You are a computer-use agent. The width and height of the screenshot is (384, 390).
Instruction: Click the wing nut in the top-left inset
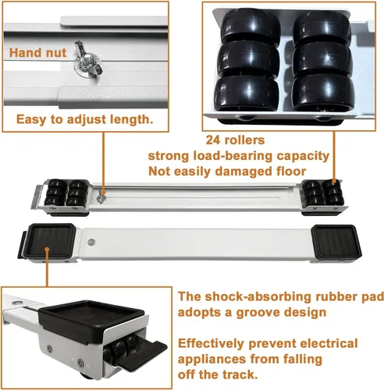pyautogui.click(x=87, y=62)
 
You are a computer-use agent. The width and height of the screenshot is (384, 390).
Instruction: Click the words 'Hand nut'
pyautogui.click(x=38, y=53)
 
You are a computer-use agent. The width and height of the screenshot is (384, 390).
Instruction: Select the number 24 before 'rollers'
pyautogui.click(x=213, y=140)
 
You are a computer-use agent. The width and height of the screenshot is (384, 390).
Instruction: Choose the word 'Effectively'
pyautogui.click(x=212, y=343)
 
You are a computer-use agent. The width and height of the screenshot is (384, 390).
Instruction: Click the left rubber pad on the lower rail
pyautogui.click(x=48, y=240)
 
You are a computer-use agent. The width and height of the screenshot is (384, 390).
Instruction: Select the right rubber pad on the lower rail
pyautogui.click(x=336, y=241)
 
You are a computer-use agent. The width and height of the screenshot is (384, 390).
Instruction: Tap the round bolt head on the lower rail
pyautogui.click(x=91, y=242)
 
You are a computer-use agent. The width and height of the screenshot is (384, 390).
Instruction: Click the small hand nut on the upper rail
pyautogui.click(x=101, y=197)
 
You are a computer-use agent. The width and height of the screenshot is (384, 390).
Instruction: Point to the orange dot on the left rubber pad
pyautogui.click(x=47, y=250)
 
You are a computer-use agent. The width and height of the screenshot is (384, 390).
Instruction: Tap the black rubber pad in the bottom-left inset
pyautogui.click(x=91, y=319)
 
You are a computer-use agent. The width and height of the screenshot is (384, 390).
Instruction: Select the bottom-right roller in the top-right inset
pyautogui.click(x=323, y=93)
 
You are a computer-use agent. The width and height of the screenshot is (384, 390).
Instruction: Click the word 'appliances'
pyautogui.click(x=212, y=360)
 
